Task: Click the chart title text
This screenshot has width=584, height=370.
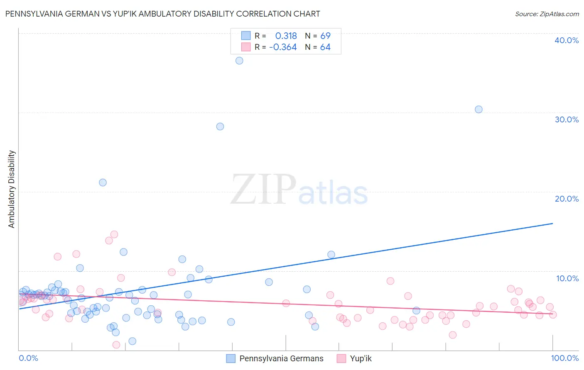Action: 162,14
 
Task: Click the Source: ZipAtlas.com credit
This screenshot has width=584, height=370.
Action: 547,14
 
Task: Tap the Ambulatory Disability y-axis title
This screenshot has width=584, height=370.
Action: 12,189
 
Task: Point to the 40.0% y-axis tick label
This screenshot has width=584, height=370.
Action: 567,40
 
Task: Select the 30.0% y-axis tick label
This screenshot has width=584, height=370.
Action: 567,119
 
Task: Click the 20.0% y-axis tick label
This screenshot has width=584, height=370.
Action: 567,199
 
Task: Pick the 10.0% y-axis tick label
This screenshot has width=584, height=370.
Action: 567,278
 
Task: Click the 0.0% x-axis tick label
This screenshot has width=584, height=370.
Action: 28,358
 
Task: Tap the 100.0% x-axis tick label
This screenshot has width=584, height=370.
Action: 564,358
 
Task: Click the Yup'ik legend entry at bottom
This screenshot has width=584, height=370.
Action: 361,358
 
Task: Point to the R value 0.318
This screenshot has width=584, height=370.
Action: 286,36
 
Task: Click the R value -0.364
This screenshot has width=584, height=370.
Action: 283,47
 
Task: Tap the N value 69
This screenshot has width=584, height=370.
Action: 325,36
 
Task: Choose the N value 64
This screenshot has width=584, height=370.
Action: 325,47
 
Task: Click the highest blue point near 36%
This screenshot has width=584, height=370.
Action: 239,61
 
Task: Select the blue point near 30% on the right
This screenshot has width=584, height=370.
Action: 478,110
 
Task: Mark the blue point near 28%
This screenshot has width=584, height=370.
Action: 220,127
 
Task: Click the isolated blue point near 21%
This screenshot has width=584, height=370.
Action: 103,183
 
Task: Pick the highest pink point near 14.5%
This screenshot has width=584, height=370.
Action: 114,234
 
